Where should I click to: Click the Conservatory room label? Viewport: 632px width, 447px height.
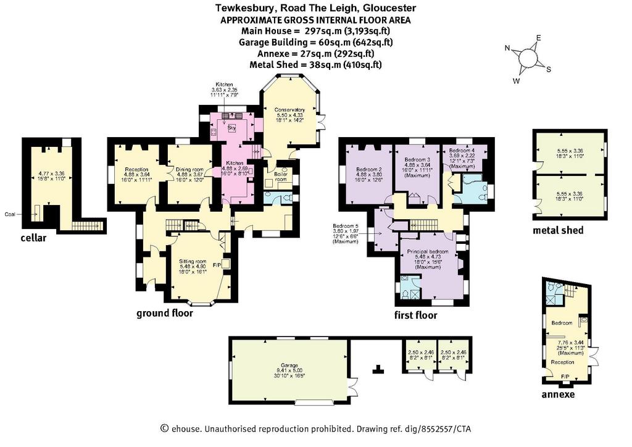coord(289,110)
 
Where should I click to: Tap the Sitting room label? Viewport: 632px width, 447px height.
coord(193,262)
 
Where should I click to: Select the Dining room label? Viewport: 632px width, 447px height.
coord(189,170)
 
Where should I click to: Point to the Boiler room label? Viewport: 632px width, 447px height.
coord(281,177)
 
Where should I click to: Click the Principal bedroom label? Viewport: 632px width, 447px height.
coord(428,251)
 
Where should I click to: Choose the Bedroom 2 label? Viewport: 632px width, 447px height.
coord(369,170)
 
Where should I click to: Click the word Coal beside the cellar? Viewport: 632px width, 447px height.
coord(10,214)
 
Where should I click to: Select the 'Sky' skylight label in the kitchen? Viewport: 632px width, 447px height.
coord(232,127)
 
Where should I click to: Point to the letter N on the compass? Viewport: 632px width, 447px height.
coord(507,48)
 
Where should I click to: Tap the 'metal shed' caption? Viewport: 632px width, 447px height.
coord(558,230)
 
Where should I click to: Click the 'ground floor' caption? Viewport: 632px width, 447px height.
coord(164,313)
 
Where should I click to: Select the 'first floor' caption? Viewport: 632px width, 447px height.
coord(415,315)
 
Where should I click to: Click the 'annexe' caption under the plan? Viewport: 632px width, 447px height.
coord(558,394)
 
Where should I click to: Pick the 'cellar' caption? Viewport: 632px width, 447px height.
coord(33,238)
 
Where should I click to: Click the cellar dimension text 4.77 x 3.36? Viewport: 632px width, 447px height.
coord(48,173)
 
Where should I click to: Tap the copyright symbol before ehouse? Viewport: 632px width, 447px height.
coord(164,428)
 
